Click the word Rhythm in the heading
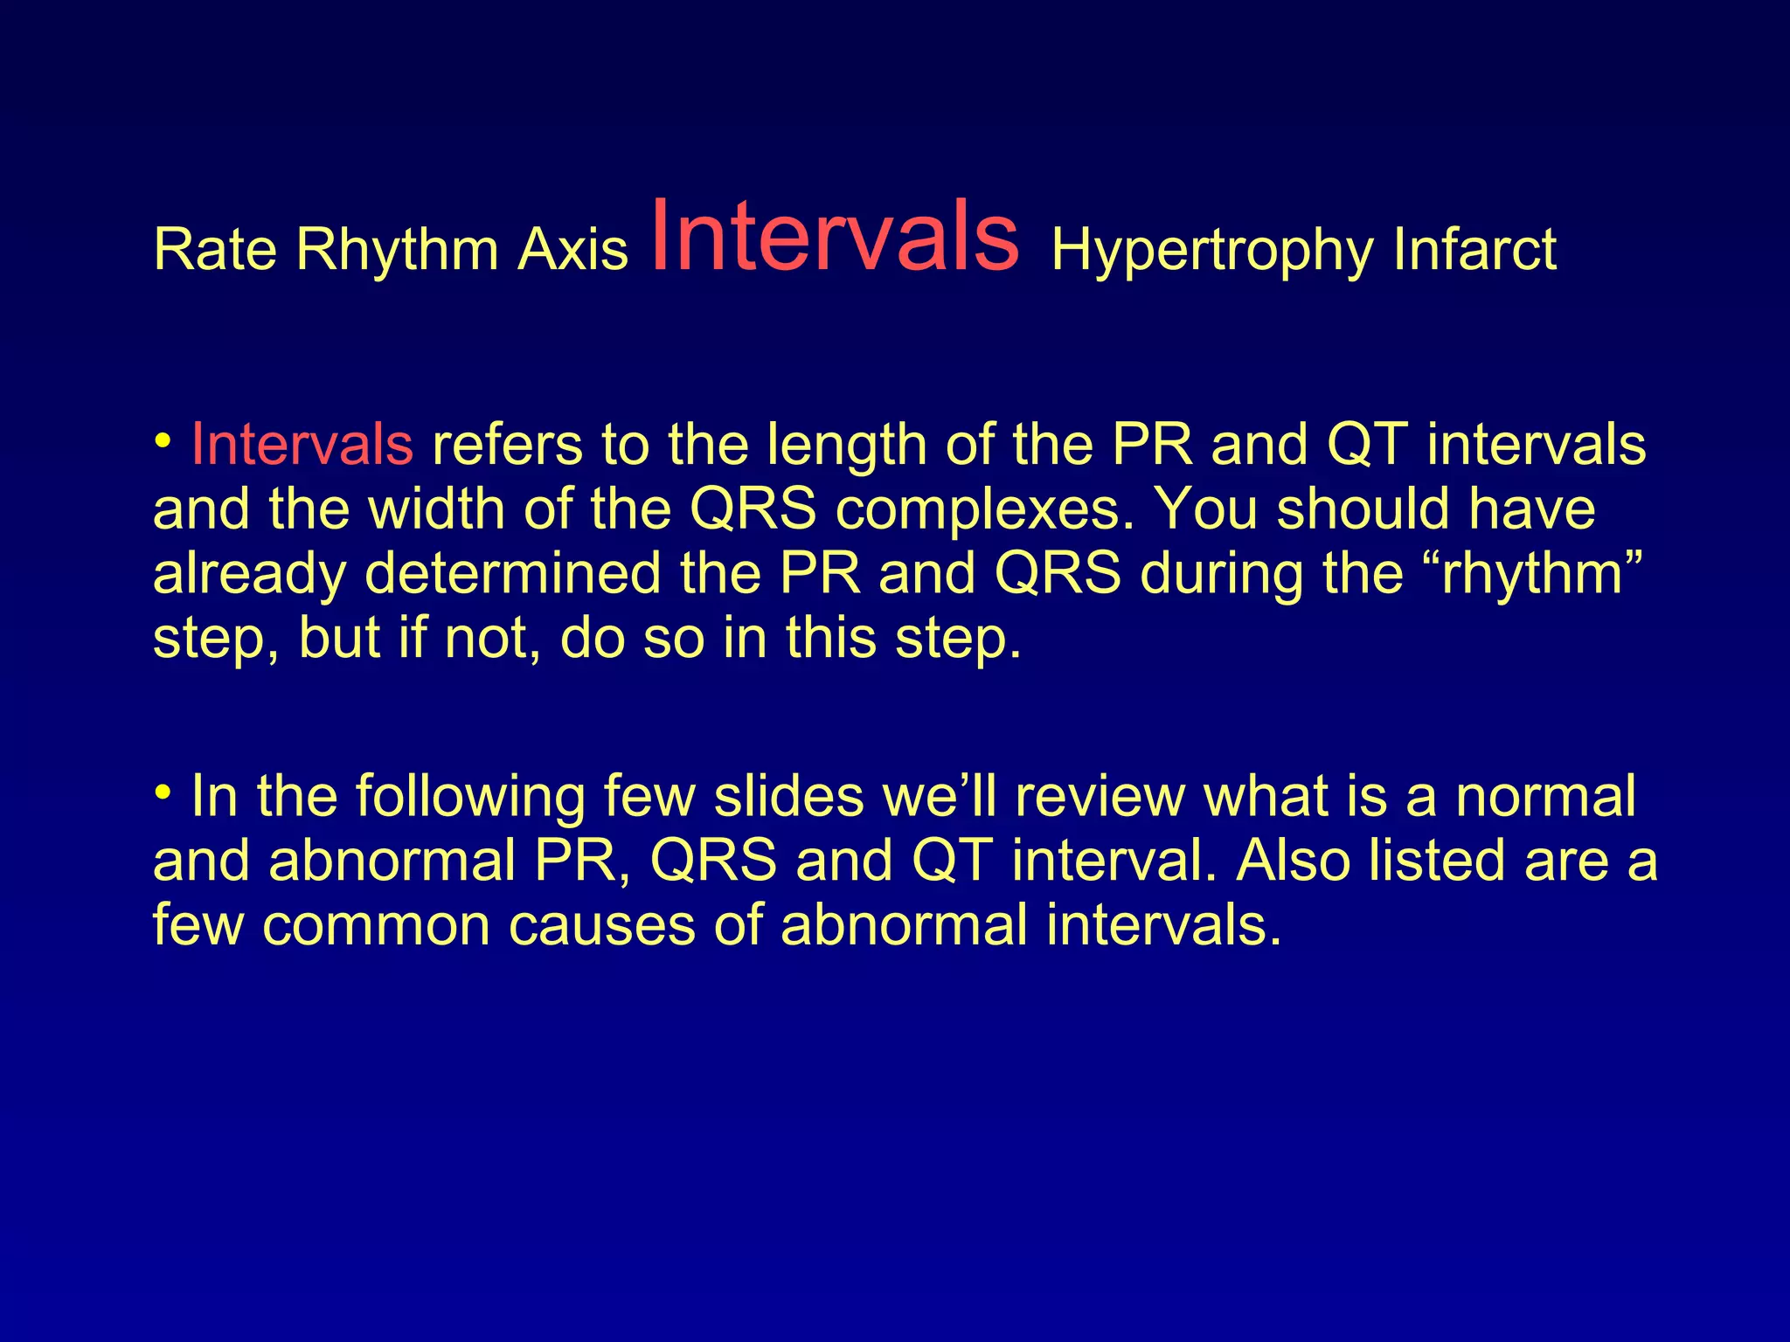(397, 251)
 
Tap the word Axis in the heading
(572, 251)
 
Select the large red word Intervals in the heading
(835, 236)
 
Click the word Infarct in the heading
(1474, 251)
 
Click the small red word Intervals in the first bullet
(302, 445)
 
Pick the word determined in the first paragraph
(512, 574)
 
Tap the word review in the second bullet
(1100, 797)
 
